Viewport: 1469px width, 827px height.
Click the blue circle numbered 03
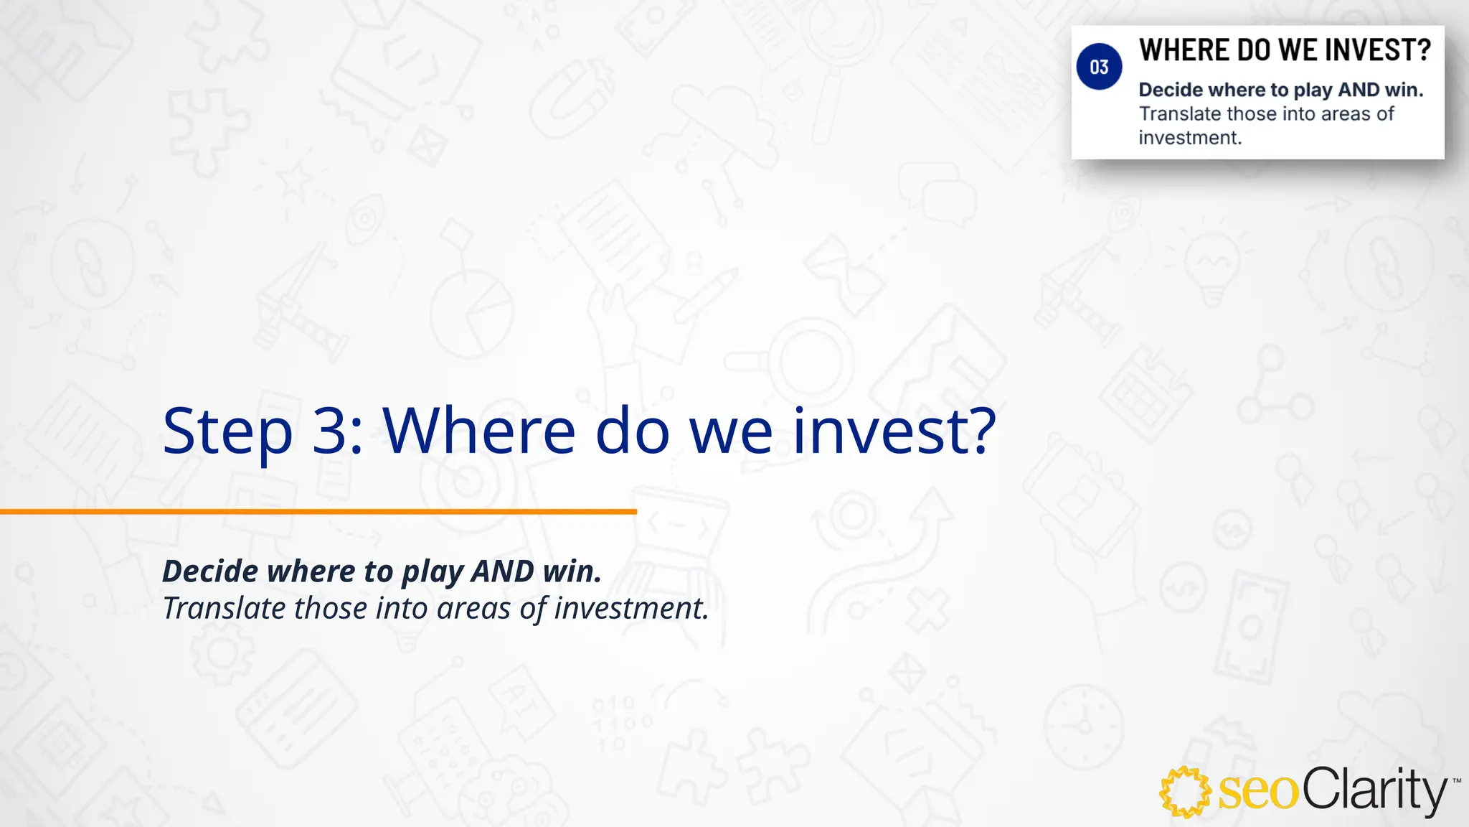(x=1099, y=67)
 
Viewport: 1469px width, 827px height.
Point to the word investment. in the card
(x=1190, y=138)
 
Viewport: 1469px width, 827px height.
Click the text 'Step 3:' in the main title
(x=263, y=431)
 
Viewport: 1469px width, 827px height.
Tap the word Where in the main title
(x=478, y=431)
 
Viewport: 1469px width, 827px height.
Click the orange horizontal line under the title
(x=318, y=512)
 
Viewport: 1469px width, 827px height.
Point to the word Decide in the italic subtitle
(x=209, y=571)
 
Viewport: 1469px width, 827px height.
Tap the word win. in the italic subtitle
(x=572, y=571)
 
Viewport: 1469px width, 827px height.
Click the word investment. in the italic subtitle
(x=631, y=609)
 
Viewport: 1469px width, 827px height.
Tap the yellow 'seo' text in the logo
(x=1259, y=792)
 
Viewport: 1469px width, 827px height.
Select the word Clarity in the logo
(x=1374, y=790)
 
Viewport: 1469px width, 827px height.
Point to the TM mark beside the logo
(x=1456, y=780)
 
